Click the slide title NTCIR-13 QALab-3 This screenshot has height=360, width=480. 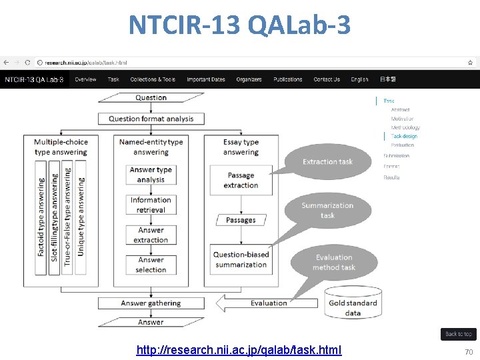tap(239, 25)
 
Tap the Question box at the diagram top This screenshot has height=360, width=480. tap(151, 98)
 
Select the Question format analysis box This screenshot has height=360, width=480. tap(151, 119)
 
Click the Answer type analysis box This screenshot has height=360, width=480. tap(151, 175)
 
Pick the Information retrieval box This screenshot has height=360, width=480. tap(151, 205)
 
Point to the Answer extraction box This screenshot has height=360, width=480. tap(151, 235)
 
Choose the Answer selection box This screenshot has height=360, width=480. tap(151, 265)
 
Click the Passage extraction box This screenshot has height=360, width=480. tap(241, 180)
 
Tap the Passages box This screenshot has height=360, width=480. tap(241, 219)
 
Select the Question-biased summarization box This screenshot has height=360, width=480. tap(241, 259)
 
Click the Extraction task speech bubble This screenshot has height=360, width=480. tap(327, 162)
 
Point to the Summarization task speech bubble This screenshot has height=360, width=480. tap(327, 211)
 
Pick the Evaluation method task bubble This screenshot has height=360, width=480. tap(333, 262)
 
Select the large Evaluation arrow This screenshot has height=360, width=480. tap(267, 303)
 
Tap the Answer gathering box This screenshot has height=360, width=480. tap(151, 303)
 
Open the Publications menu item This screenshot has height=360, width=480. tap(288, 79)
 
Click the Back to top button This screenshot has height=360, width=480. tap(458, 334)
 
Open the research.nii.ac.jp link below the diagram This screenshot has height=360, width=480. tap(239, 350)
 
